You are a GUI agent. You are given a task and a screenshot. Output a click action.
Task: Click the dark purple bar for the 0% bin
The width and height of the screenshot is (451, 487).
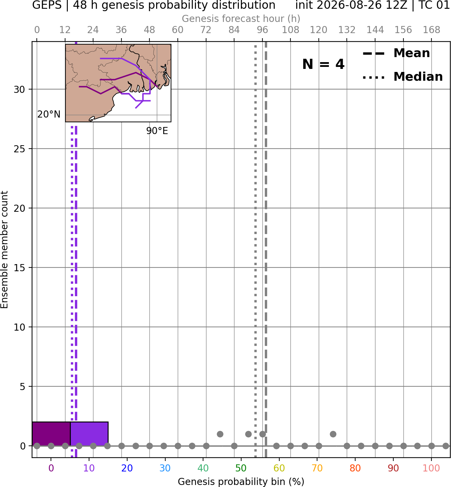coord(51,434)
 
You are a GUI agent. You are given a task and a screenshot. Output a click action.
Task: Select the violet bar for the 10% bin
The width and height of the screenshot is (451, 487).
coord(89,434)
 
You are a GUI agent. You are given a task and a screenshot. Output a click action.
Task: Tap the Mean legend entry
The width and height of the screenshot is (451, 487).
coord(396,53)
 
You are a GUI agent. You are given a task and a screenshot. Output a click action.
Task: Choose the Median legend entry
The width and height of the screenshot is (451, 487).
coord(402,77)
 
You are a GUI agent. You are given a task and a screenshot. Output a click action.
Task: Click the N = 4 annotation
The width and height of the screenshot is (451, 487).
coord(323,64)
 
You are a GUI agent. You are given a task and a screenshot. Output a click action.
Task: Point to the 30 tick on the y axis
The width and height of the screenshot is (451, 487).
coord(20,89)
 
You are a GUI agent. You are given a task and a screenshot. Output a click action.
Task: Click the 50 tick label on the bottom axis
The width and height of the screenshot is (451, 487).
coord(241,468)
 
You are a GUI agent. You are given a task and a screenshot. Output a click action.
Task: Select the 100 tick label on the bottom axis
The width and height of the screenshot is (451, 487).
coord(431,468)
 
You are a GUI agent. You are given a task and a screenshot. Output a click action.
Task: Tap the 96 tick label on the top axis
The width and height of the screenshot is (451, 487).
coord(262,30)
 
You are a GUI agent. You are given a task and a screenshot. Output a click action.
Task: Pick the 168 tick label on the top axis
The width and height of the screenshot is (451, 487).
coord(431,30)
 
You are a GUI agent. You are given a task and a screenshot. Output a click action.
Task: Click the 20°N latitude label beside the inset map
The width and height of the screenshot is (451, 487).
coord(49,114)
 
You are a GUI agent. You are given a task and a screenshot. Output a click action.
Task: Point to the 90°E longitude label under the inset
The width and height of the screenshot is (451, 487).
coord(157,131)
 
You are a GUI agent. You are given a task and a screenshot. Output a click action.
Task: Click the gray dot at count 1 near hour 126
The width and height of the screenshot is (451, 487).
coord(333,434)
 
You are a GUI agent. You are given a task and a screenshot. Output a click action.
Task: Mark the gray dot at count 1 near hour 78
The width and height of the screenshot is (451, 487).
coord(220,434)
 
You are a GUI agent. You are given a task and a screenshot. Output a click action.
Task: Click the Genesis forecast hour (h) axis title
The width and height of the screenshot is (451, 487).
coord(241,19)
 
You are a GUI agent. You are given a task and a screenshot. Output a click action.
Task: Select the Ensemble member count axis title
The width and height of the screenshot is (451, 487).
coord(4,250)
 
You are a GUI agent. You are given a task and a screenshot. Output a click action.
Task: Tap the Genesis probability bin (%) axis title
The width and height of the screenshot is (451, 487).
coord(241,482)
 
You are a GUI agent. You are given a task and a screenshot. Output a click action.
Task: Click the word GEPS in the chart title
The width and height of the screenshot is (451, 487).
coord(47,5)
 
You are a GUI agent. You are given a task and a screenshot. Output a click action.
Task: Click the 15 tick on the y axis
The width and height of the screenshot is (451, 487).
coord(20,268)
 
